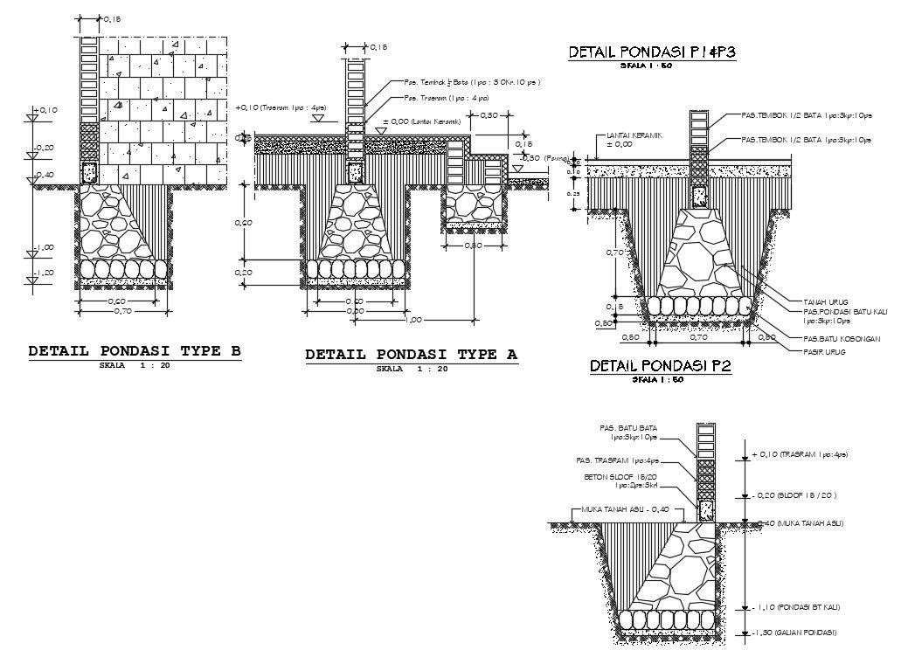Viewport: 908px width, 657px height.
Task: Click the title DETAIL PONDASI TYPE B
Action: [135, 351]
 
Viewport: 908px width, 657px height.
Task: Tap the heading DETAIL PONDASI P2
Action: [660, 366]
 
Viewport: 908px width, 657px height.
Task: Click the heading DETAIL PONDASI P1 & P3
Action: [652, 52]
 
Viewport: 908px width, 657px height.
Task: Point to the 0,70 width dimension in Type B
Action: [122, 311]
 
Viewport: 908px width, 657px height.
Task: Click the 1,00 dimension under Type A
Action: [414, 320]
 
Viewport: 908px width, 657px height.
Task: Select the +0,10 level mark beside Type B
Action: [45, 110]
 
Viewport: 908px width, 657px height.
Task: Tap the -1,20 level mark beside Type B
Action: [44, 273]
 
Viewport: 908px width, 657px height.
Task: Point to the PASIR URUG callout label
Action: [825, 351]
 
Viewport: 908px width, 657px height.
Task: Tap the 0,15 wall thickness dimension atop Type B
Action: [111, 18]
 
